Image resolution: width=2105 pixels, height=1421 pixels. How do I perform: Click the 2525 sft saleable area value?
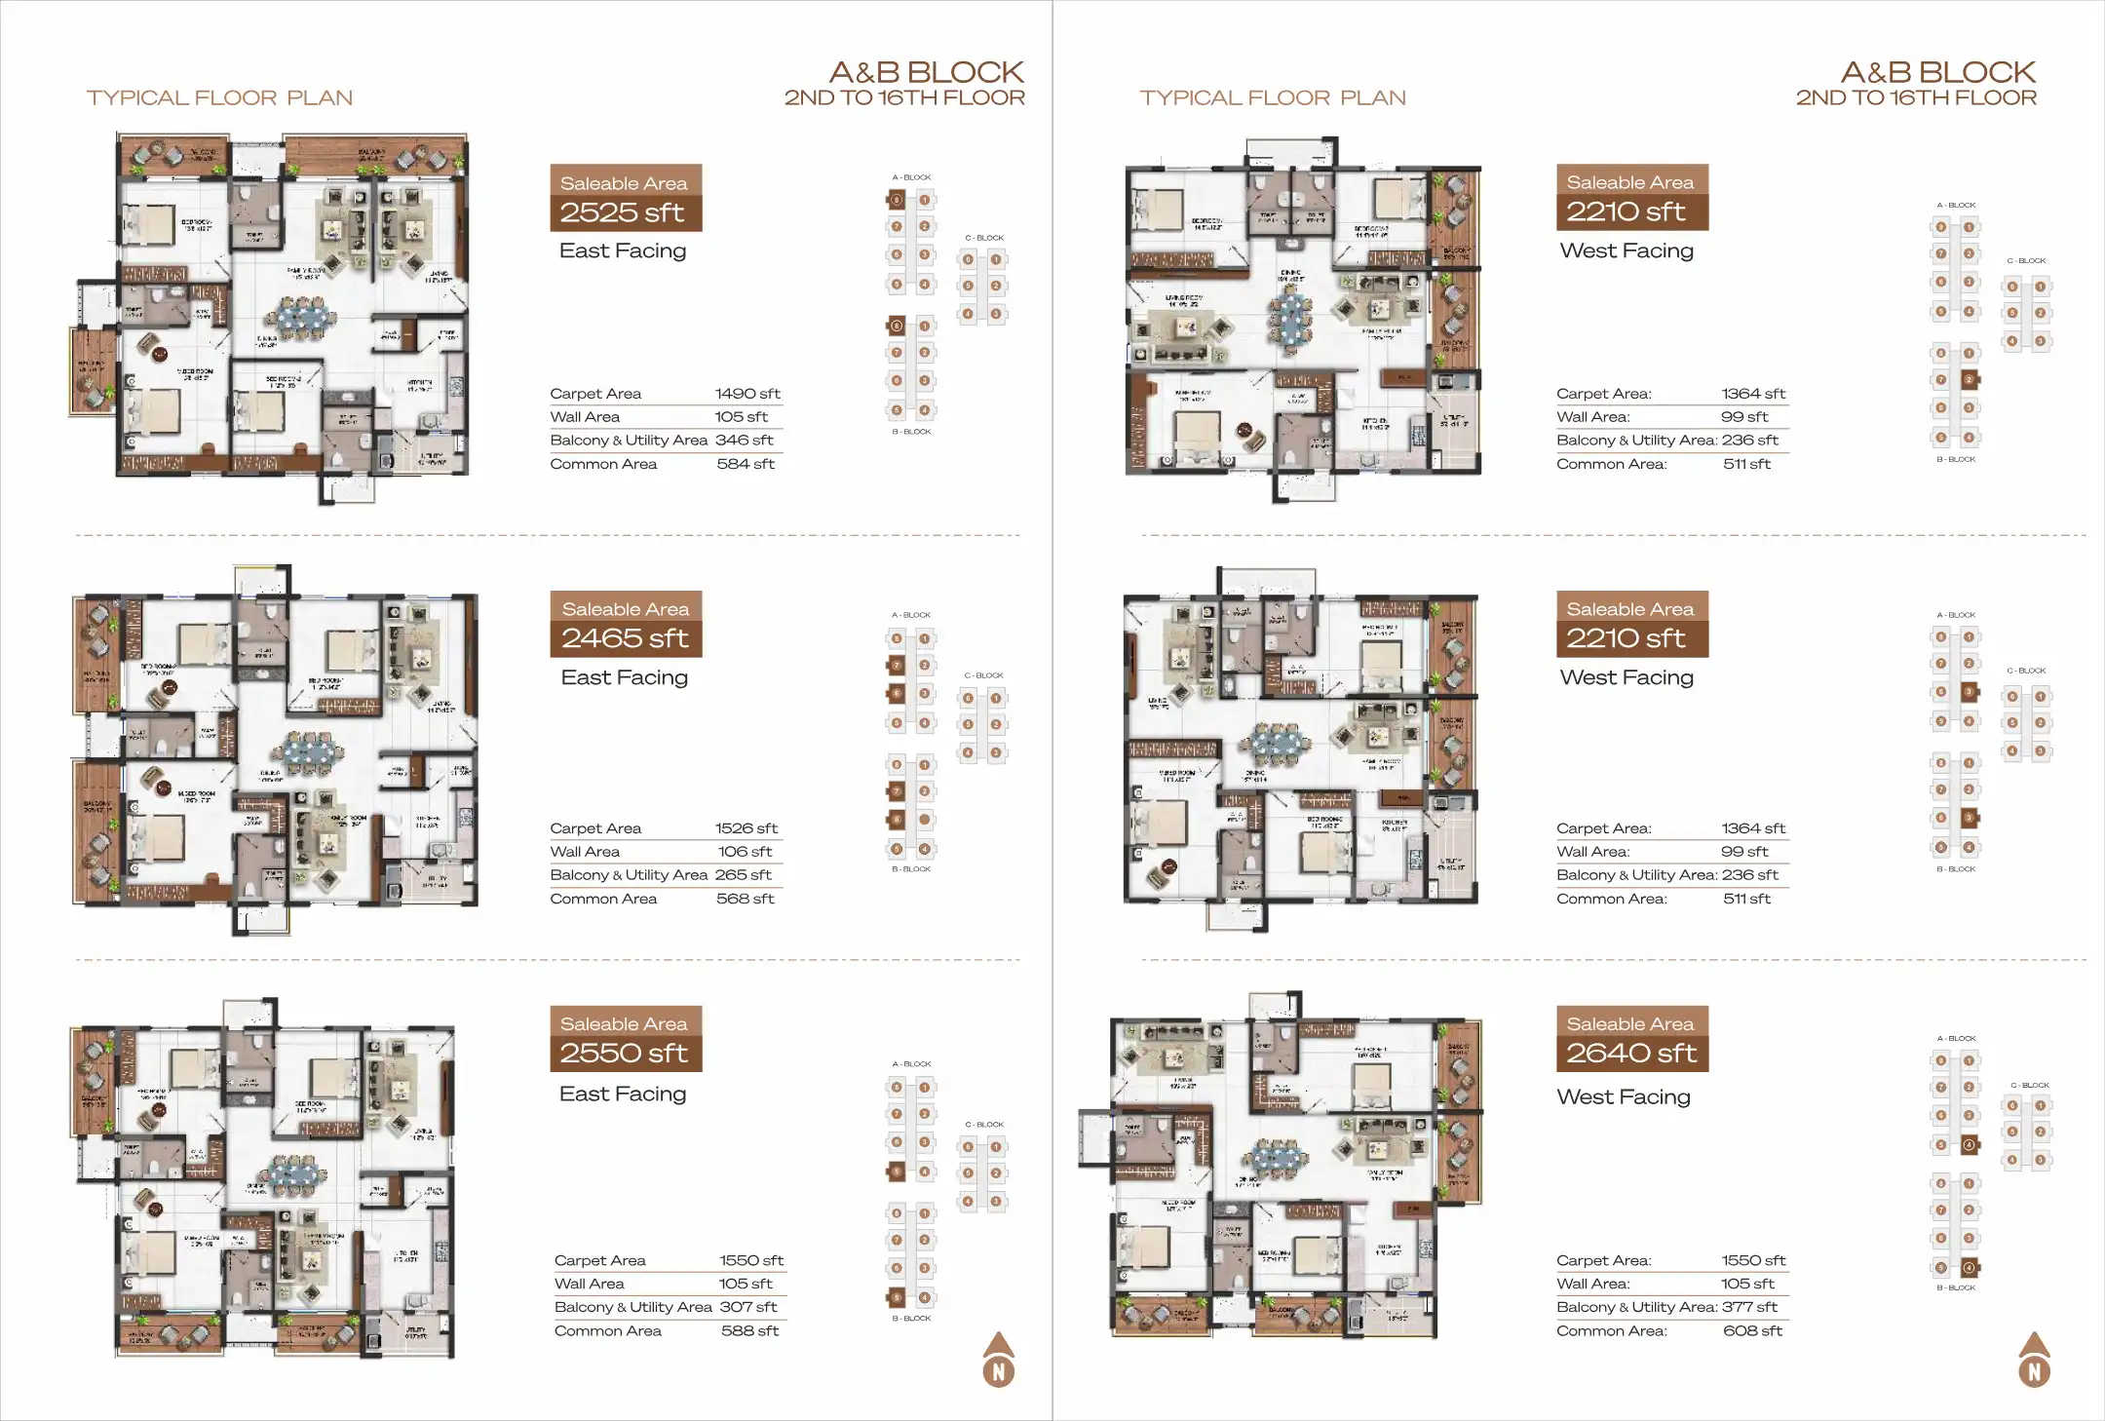tap(622, 212)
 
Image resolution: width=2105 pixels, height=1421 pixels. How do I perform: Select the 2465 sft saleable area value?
tap(624, 638)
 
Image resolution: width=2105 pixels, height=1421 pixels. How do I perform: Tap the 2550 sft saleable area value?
tap(624, 1054)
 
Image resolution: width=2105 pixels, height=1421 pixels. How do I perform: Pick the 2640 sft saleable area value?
tap(1630, 1054)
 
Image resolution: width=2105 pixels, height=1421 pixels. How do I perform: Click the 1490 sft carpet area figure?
tap(747, 394)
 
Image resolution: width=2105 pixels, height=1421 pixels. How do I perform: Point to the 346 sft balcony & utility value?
tap(745, 441)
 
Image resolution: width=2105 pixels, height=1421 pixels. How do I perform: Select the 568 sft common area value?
tap(746, 899)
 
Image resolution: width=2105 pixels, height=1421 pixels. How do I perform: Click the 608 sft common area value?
tap(1752, 1331)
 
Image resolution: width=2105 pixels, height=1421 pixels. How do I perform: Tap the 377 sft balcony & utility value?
tap(1749, 1308)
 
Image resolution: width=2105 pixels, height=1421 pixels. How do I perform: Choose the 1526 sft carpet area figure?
tap(746, 828)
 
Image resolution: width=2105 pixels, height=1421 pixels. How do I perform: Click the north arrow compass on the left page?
tap(998, 1361)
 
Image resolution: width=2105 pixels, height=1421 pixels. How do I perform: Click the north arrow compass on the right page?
tap(2034, 1361)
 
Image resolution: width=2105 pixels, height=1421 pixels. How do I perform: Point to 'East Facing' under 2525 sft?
tap(623, 251)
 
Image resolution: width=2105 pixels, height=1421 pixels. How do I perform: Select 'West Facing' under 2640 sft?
tap(1624, 1097)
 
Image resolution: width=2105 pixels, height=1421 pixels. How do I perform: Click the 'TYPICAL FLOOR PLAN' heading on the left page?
tap(219, 98)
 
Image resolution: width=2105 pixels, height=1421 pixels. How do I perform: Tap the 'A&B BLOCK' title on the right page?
tap(1937, 72)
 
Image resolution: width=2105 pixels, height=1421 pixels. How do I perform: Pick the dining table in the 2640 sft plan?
tap(1278, 1159)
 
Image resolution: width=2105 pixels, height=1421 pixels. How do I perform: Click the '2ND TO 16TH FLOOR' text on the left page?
tap(904, 98)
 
